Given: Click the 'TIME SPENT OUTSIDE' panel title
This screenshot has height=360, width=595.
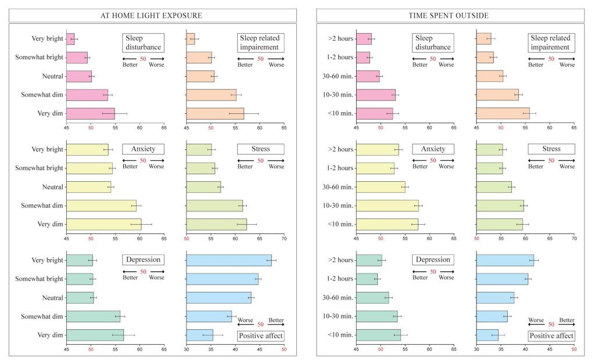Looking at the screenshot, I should pos(448,15).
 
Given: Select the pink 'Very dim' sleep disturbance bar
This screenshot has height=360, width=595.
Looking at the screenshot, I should pos(91,113).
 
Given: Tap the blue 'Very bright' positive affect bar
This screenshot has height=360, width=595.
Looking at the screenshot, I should pos(229,260).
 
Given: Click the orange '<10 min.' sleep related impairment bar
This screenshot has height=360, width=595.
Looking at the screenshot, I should pos(503,113).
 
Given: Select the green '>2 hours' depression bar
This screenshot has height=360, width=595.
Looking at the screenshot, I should pos(369,260).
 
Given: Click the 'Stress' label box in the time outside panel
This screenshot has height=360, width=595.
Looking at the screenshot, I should pos(551,149).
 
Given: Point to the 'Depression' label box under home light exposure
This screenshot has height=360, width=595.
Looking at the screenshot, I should pos(143,260).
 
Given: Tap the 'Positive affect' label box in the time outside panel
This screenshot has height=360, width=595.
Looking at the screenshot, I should pos(551,336).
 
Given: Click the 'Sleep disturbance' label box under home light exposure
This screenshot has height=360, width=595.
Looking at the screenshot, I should pos(143,42).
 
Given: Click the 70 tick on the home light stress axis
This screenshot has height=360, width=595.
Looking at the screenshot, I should pos(284,239).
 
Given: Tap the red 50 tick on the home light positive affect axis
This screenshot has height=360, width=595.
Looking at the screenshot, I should pos(284,350).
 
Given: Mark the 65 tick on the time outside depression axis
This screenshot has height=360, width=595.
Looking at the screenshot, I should pos(454,350).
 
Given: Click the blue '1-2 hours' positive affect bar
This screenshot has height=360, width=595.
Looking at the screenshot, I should pos(502,279).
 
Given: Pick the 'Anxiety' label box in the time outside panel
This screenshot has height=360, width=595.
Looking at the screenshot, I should pos(432,149).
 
